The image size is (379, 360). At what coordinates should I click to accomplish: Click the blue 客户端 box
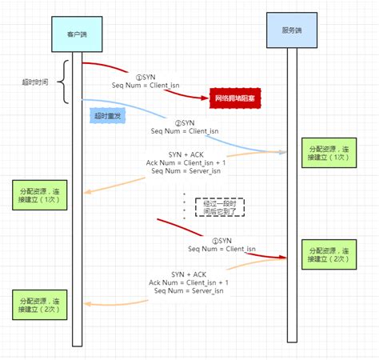pos(77,34)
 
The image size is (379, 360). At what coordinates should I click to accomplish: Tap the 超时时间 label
pos(37,82)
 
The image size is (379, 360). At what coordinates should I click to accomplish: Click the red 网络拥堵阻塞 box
pos(236,98)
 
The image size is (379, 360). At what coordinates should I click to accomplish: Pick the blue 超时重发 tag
pos(108,115)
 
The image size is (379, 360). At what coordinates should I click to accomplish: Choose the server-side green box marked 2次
pos(328,255)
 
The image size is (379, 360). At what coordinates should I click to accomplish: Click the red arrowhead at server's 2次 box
pos(283,258)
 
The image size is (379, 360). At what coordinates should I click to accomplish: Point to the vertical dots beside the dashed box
pos(185,206)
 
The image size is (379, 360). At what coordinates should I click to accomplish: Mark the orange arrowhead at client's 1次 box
pos(90,191)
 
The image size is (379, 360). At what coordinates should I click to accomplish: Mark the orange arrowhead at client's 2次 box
pos(90,304)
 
